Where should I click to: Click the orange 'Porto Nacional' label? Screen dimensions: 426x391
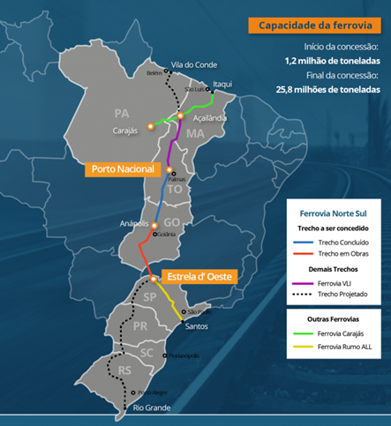click(x=123, y=168)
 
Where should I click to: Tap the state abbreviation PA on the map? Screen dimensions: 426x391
click(x=122, y=114)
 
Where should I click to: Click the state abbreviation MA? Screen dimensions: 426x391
click(x=195, y=134)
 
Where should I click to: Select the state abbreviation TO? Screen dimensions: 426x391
click(x=174, y=190)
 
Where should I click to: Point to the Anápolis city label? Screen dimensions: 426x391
click(x=135, y=224)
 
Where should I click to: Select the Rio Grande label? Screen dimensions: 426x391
click(x=150, y=407)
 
